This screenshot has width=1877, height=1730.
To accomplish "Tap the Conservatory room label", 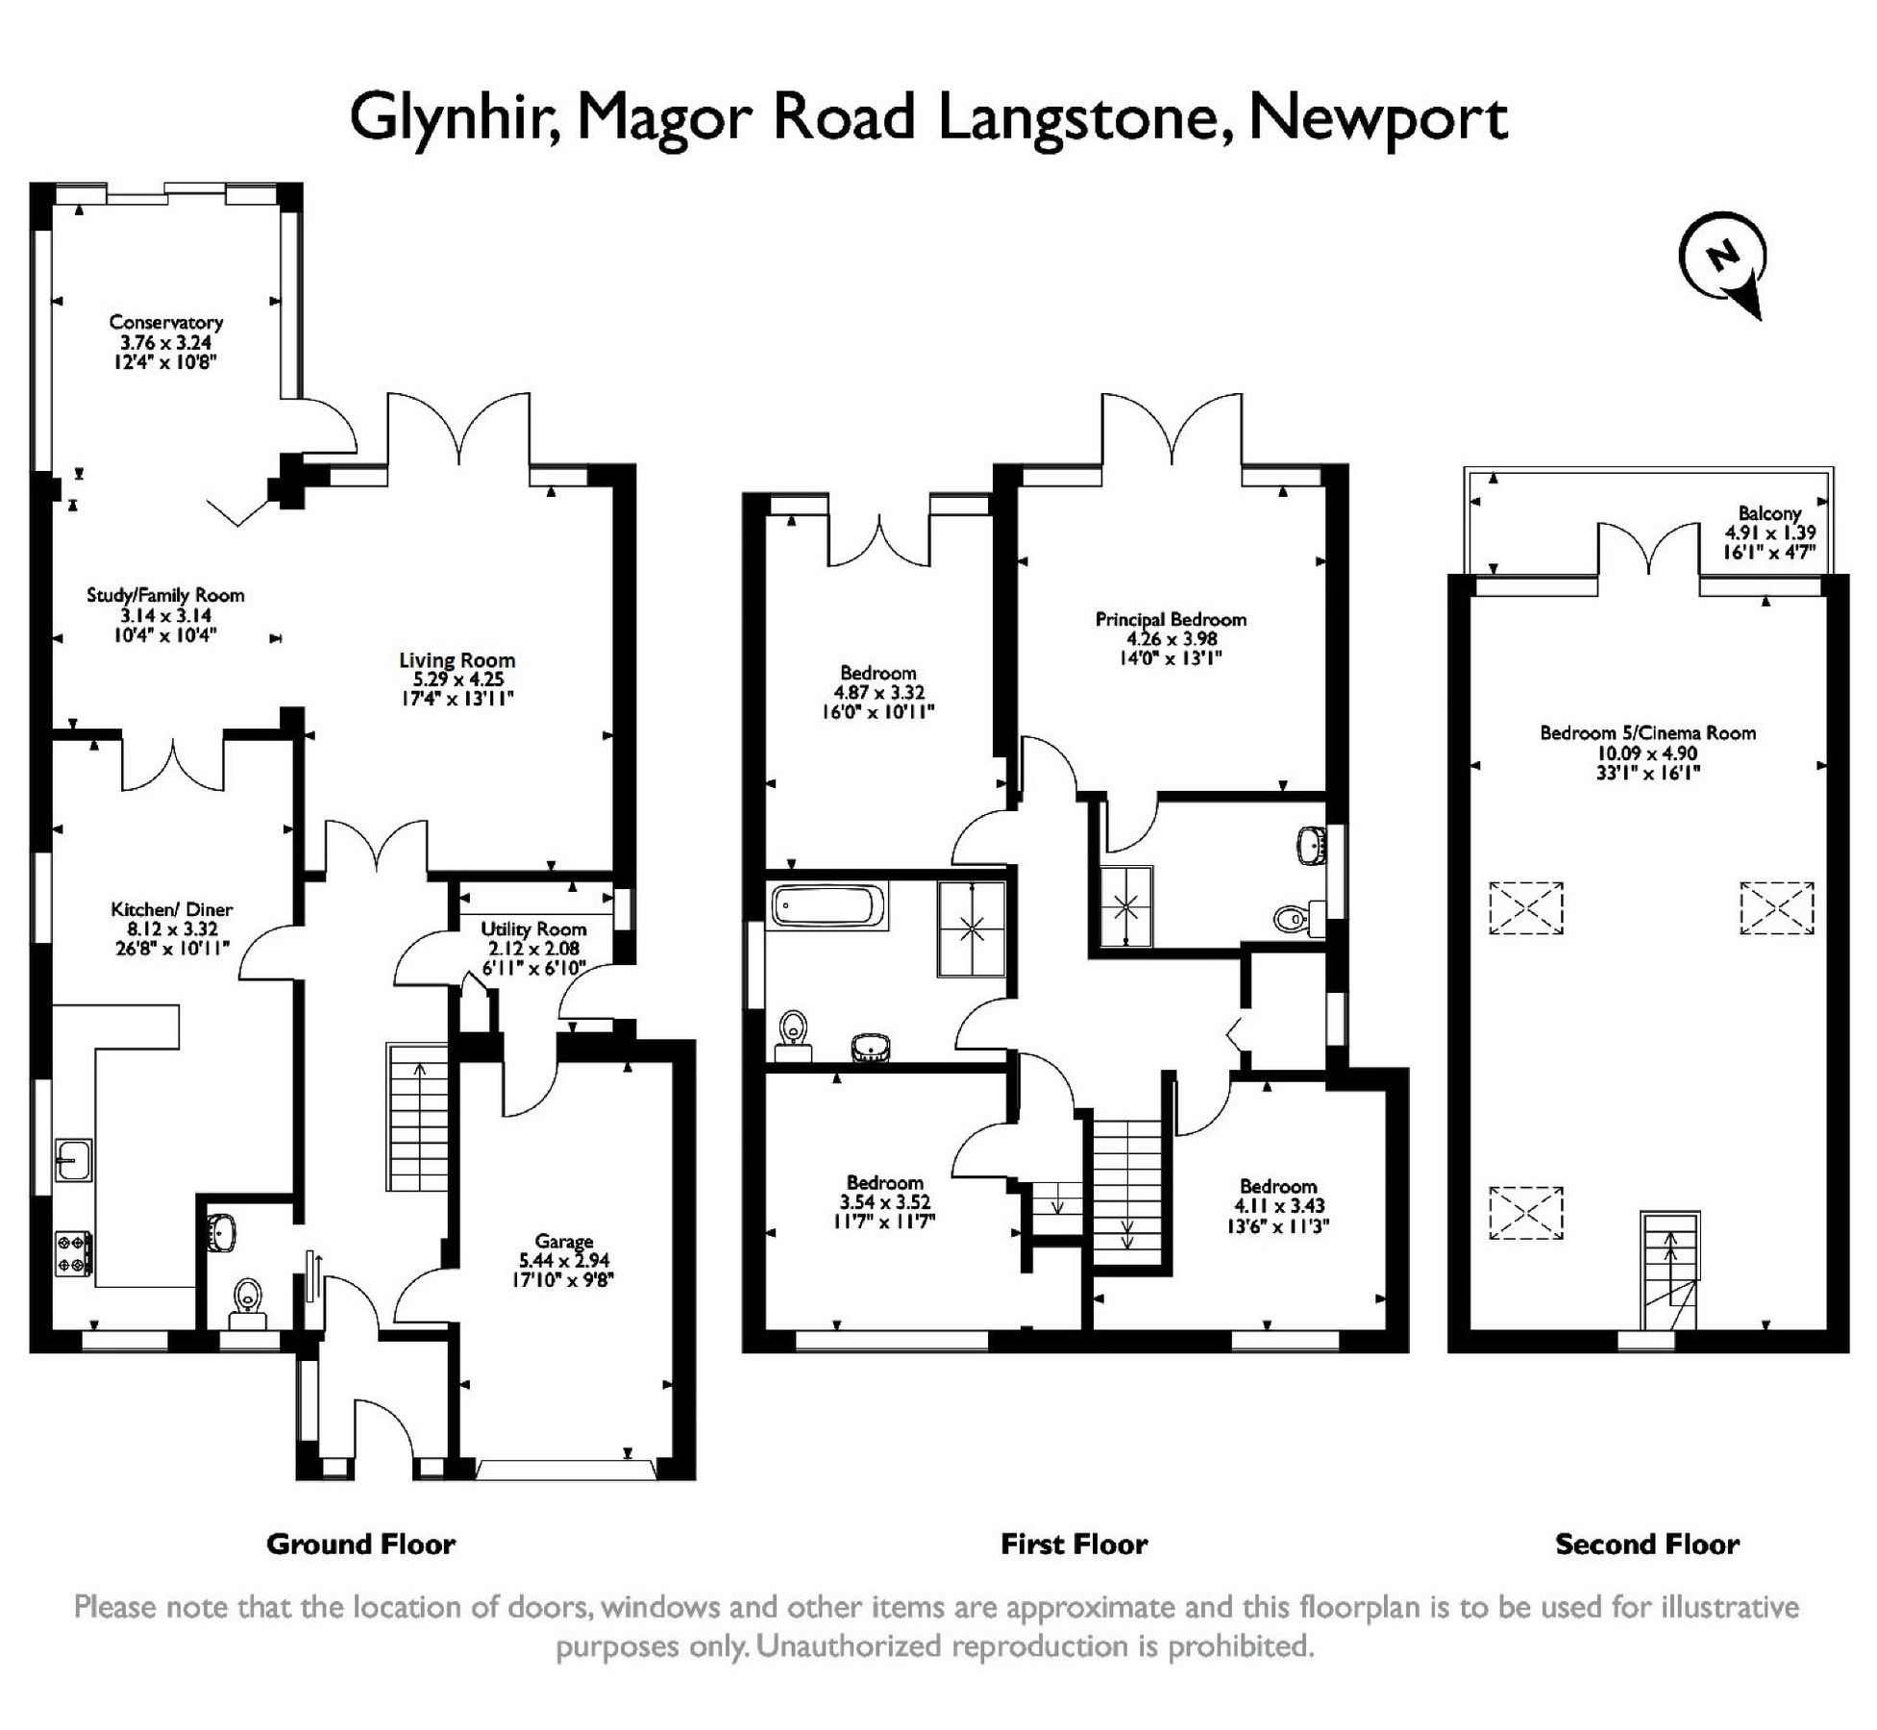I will tap(166, 322).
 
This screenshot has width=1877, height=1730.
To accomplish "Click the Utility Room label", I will tap(533, 929).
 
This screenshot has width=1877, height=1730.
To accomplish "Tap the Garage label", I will tap(564, 1241).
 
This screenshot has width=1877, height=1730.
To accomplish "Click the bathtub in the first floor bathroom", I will tap(828, 905).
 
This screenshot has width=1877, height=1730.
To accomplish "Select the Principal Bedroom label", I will tap(1171, 620).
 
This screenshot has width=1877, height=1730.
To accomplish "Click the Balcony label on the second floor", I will tap(1769, 513).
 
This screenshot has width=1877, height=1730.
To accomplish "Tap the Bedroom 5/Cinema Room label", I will tap(1647, 733).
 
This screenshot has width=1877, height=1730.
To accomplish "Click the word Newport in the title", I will tap(1376, 119).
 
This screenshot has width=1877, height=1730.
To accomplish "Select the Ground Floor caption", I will tap(360, 1545).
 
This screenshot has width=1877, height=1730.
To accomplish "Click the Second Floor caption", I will tap(1646, 1545).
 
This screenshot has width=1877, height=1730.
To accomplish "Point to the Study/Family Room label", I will tap(165, 596).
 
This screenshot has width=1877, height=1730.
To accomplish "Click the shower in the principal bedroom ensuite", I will tap(1125, 905).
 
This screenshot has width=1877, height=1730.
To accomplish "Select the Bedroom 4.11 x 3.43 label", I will tap(1277, 1186).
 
